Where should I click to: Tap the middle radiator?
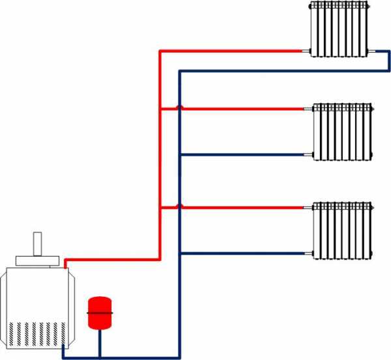point(343,130)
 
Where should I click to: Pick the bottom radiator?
point(343,230)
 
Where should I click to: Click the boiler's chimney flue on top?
point(38,244)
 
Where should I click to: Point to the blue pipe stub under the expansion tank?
point(100,345)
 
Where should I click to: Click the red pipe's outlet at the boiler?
point(66,262)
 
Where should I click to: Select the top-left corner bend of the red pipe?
point(160,50)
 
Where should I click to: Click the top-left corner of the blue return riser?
point(180,71)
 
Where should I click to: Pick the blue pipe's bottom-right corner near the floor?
point(179,357)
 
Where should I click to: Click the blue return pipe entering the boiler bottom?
point(63,352)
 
